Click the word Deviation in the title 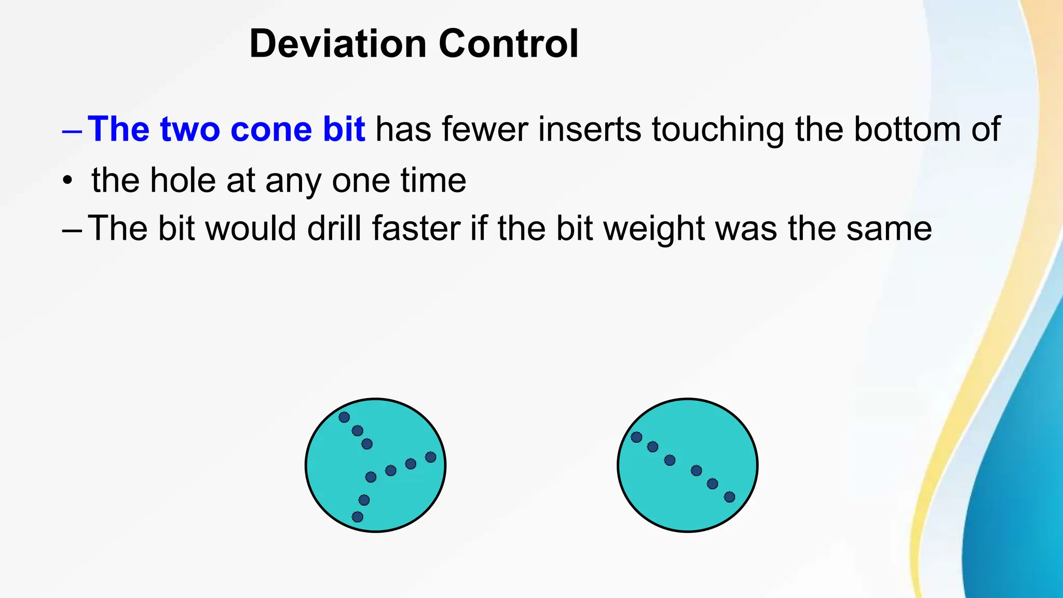[338, 44]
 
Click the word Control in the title [508, 44]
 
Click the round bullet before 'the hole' [67, 181]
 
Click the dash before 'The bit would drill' [72, 230]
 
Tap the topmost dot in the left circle [344, 417]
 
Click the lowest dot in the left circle [358, 517]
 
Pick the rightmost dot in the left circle [430, 457]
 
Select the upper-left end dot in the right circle [636, 437]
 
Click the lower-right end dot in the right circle [729, 497]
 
